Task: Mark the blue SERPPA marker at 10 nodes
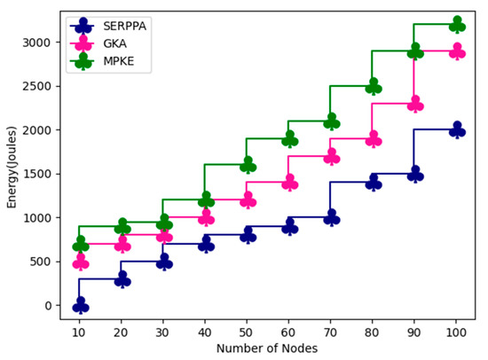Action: tap(81, 305)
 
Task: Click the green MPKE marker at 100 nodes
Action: tap(457, 25)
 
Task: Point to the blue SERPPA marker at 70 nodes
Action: tap(332, 217)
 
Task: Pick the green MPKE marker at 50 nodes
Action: tap(248, 165)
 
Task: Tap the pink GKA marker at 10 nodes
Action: tap(81, 262)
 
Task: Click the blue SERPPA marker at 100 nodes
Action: tap(457, 130)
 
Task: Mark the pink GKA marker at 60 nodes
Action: tap(289, 183)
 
